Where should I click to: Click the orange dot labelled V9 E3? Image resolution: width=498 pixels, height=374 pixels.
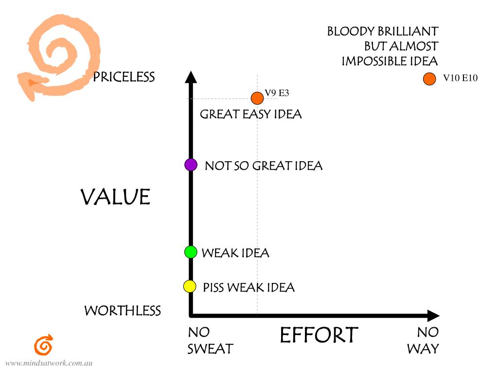tap(257, 98)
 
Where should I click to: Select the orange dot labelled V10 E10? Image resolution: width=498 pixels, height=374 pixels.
tap(429, 78)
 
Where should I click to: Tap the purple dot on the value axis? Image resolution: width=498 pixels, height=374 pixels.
tap(191, 165)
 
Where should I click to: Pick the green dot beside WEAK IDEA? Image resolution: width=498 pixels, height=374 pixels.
tap(191, 252)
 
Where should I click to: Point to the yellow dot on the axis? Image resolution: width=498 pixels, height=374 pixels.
tap(190, 286)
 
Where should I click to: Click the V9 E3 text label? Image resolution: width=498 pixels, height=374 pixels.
tap(277, 93)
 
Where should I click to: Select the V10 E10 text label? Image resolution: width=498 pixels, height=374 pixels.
tap(460, 78)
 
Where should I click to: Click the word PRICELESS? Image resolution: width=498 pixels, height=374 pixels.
tap(124, 77)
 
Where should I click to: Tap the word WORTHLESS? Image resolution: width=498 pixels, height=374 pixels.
tap(123, 311)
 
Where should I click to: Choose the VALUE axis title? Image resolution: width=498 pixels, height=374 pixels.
tap(115, 197)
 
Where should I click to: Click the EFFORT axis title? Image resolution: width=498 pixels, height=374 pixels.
tap(319, 335)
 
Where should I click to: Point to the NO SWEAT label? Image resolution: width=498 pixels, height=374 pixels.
tap(210, 340)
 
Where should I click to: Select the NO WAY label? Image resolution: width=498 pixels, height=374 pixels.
tap(423, 340)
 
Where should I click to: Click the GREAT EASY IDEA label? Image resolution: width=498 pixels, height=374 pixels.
tap(250, 114)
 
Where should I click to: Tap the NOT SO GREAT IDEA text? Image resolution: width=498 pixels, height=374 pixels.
tap(263, 166)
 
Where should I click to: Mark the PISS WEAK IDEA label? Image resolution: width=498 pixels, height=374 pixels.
tap(249, 287)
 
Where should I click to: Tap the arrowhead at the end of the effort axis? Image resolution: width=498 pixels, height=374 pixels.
tap(433, 316)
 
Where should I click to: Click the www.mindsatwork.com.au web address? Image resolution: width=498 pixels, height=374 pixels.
tap(49, 363)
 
